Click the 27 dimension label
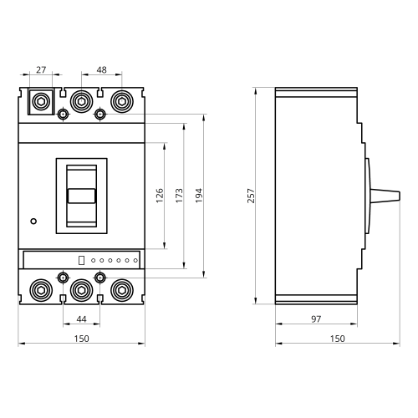click(x=41, y=69)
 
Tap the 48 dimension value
click(x=101, y=69)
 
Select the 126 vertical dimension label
click(x=160, y=196)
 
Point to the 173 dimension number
click(x=180, y=196)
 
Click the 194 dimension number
click(x=199, y=196)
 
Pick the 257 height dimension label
click(x=251, y=196)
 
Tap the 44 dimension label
click(x=81, y=319)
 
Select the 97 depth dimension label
click(x=316, y=319)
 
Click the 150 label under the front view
click(x=81, y=339)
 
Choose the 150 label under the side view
click(x=338, y=339)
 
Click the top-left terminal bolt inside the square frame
click(x=41, y=102)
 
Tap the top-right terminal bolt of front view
click(x=122, y=101)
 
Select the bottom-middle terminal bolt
click(x=81, y=290)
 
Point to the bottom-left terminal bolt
click(x=41, y=290)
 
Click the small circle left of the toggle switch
click(x=33, y=222)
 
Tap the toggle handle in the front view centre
click(x=82, y=196)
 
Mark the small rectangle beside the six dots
click(x=81, y=260)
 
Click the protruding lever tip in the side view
click(x=399, y=196)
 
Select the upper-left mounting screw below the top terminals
click(x=63, y=114)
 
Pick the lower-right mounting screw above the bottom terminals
click(x=100, y=278)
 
